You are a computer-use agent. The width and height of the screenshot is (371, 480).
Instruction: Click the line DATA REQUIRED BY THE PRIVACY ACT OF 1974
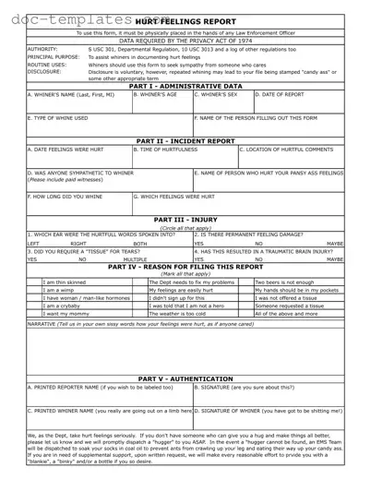tap(186, 41)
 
